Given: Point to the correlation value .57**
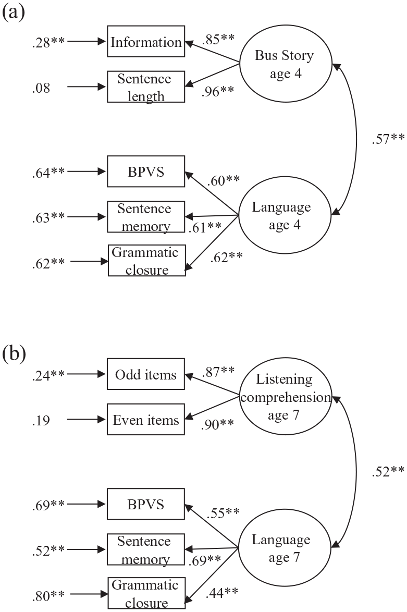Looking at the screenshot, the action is [388, 139].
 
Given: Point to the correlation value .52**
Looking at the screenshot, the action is [388, 471].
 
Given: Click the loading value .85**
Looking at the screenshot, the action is [218, 39].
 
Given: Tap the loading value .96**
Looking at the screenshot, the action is [218, 91].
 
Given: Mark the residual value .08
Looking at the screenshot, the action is [41, 88].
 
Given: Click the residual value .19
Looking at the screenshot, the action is [41, 420].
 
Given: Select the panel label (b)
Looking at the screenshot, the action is [14, 353].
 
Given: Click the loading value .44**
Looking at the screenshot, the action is [221, 593].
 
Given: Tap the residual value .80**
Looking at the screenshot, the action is [48, 596].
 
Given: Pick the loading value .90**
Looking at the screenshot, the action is [217, 424].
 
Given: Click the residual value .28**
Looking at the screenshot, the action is [48, 42].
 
